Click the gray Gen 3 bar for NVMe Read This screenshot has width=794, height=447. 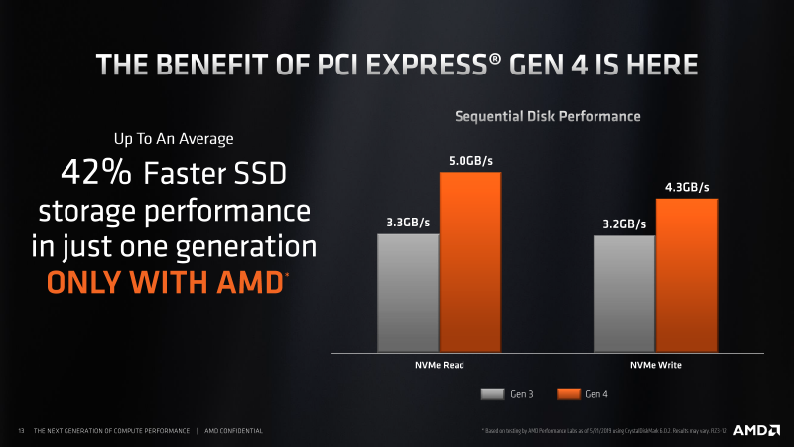[407, 293]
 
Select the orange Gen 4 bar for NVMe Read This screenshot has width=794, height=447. [470, 262]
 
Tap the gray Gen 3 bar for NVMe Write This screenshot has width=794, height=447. [623, 294]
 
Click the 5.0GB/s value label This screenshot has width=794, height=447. [470, 159]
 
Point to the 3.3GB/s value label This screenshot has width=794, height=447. [407, 222]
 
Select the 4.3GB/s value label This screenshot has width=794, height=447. [686, 186]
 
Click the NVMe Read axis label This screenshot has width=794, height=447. [439, 366]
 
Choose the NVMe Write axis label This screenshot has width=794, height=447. [655, 366]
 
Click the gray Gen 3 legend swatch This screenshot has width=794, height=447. [493, 394]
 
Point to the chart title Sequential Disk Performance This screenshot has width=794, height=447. [547, 116]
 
